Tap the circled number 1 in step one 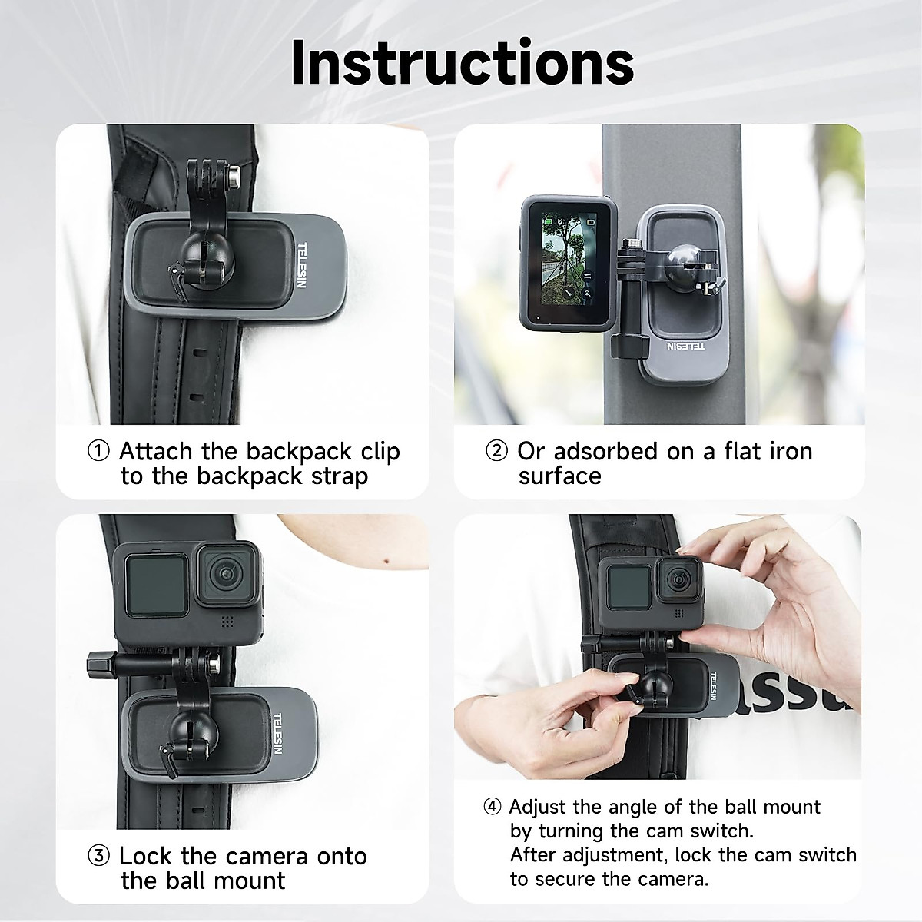[x=98, y=451]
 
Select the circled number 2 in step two [x=497, y=451]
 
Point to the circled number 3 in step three [x=98, y=856]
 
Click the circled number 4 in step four [x=493, y=807]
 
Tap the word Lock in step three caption [x=146, y=856]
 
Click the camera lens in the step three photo [x=225, y=575]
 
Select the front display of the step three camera [x=156, y=585]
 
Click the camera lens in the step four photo [x=676, y=579]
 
